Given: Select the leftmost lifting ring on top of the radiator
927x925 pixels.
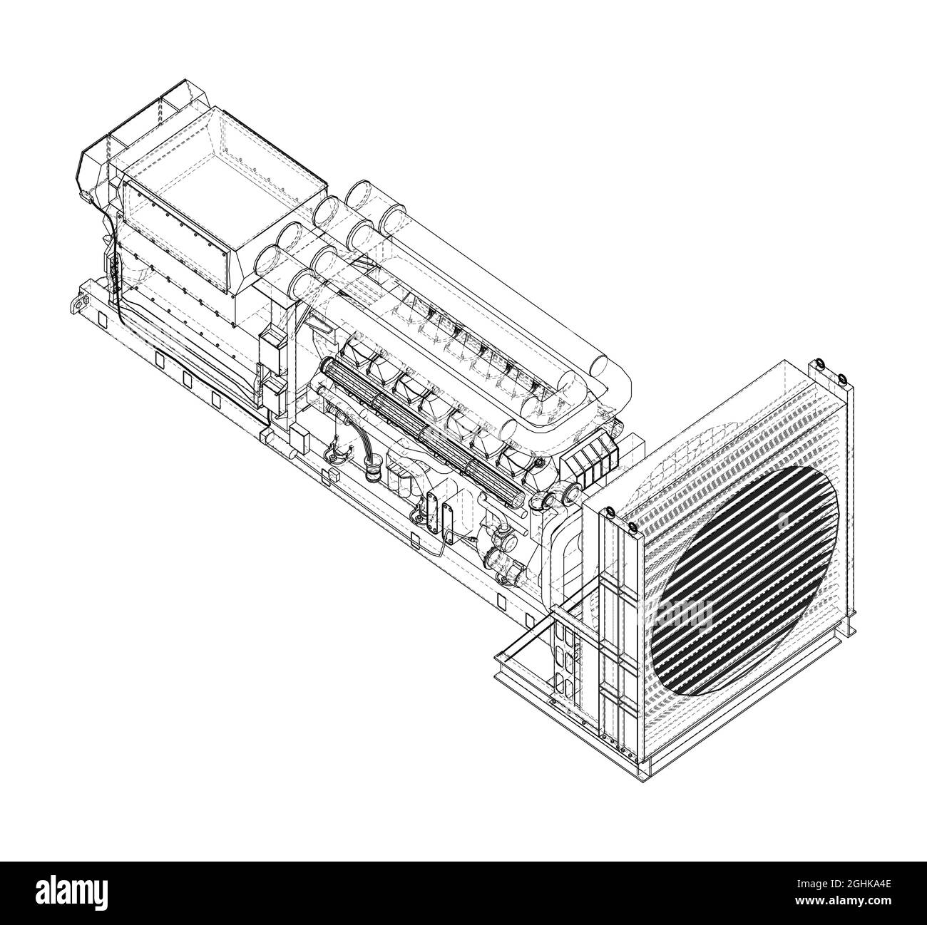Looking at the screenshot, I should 610,512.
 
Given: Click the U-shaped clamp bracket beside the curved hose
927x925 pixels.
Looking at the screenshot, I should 334,453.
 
